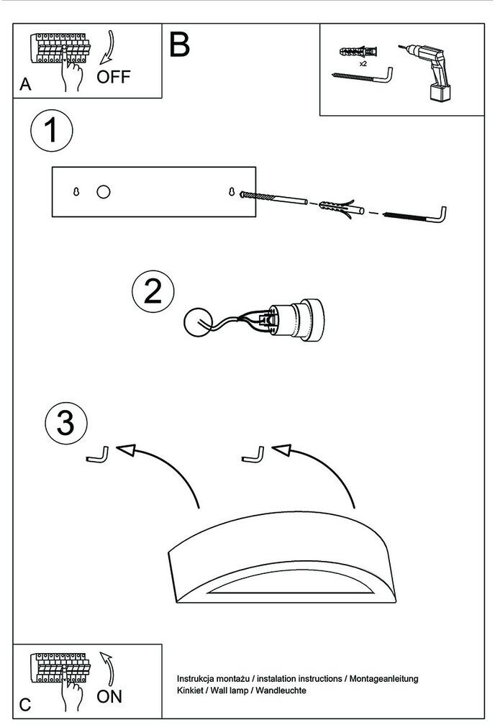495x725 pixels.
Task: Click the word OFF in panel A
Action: pyautogui.click(x=113, y=76)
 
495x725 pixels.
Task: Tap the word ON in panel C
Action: pyautogui.click(x=109, y=696)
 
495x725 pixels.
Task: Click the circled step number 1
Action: pyautogui.click(x=50, y=132)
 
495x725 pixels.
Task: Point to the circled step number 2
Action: pyautogui.click(x=153, y=292)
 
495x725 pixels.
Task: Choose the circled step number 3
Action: pyautogui.click(x=65, y=422)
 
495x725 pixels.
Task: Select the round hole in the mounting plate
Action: pyautogui.click(x=104, y=192)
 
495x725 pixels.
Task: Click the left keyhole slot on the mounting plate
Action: pyautogui.click(x=76, y=192)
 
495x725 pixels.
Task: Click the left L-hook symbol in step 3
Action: pyautogui.click(x=97, y=455)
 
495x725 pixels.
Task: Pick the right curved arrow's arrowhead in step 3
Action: pyautogui.click(x=281, y=450)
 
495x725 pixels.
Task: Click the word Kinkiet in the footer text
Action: pyautogui.click(x=191, y=690)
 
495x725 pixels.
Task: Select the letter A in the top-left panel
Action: pyautogui.click(x=26, y=84)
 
